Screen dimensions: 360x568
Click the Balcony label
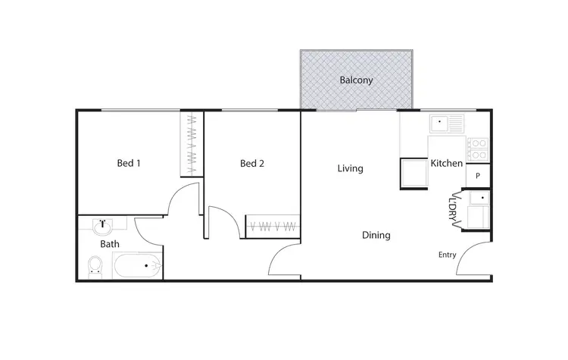pyautogui.click(x=356, y=80)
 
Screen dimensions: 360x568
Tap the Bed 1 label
pyautogui.click(x=129, y=163)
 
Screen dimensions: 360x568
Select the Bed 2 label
pyautogui.click(x=252, y=163)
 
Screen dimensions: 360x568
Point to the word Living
pyautogui.click(x=350, y=168)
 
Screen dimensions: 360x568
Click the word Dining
pyautogui.click(x=376, y=235)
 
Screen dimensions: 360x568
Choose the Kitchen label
pyautogui.click(x=446, y=163)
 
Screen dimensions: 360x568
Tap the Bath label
pyautogui.click(x=110, y=244)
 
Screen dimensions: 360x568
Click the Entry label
pyautogui.click(x=447, y=255)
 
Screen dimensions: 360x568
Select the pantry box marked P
pyautogui.click(x=478, y=175)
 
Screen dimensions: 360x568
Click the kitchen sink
pyautogui.click(x=447, y=123)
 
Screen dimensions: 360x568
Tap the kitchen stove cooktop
pyautogui.click(x=477, y=148)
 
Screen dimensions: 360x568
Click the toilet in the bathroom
pyautogui.click(x=95, y=265)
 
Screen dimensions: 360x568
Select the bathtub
pyautogui.click(x=138, y=267)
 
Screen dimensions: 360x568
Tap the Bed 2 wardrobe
pyautogui.click(x=273, y=226)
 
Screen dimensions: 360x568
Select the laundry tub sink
pyautogui.click(x=478, y=199)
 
